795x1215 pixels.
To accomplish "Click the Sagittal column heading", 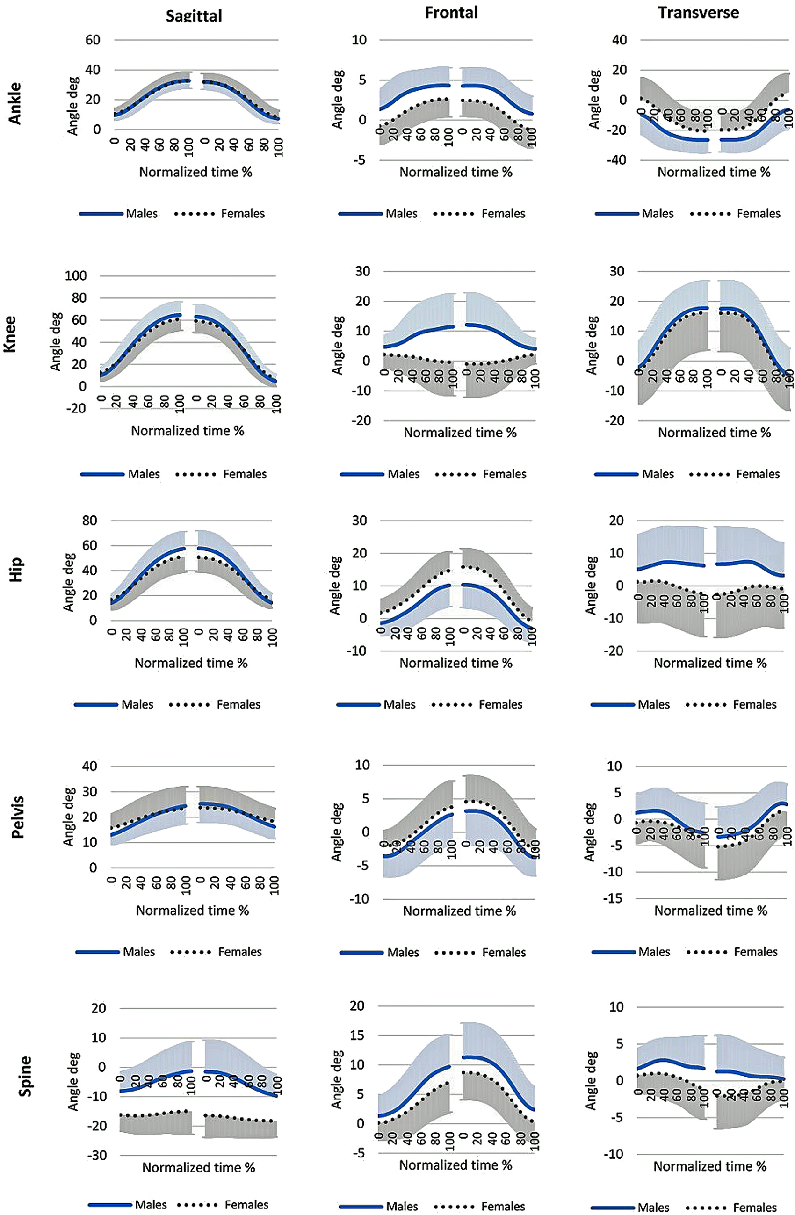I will [194, 16].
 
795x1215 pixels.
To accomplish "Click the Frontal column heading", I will [451, 13].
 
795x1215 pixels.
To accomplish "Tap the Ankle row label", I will [15, 103].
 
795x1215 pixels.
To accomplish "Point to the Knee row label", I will [10, 334].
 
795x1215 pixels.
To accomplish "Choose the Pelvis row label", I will [17, 817].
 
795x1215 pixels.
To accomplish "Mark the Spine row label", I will [24, 1076].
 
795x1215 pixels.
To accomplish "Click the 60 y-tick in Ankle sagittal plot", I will [93, 40].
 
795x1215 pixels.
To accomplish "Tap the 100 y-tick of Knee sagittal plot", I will [76, 275].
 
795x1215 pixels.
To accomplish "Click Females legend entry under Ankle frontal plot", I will [503, 213].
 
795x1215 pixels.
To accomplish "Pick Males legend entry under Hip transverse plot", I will [654, 704].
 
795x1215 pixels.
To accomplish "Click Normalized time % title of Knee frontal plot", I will [460, 433].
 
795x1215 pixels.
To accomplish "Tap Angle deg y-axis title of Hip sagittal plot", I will [68, 582].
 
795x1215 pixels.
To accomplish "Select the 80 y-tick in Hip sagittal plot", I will [89, 521].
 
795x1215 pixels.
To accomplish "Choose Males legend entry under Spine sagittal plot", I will [151, 1205].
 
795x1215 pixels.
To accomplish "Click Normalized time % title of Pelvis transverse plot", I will [710, 910].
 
